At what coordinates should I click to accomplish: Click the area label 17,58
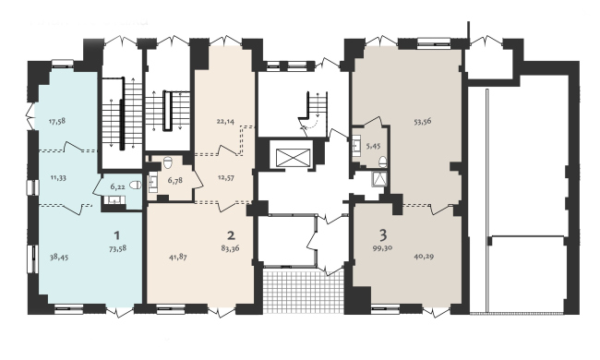point(57,121)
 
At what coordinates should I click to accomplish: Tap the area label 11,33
point(58,177)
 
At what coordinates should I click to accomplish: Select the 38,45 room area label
point(59,258)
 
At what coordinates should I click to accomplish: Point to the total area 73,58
point(117,248)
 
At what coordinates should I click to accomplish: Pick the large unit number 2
point(231,234)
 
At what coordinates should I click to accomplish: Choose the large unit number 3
point(383,234)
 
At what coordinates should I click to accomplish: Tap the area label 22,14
point(225,121)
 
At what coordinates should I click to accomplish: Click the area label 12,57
point(225,177)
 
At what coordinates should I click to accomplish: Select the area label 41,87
point(178,258)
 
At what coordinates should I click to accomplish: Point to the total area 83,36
point(231,248)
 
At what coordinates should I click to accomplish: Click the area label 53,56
point(423,121)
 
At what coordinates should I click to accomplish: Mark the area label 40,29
point(424,257)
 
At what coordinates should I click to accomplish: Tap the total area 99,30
point(383,247)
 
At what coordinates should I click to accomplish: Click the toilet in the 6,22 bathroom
point(135,186)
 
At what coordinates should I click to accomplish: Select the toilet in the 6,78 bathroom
point(168,162)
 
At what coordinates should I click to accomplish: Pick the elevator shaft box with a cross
point(293,158)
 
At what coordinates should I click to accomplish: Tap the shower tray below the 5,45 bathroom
point(379,179)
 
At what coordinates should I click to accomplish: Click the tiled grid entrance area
point(304,291)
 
